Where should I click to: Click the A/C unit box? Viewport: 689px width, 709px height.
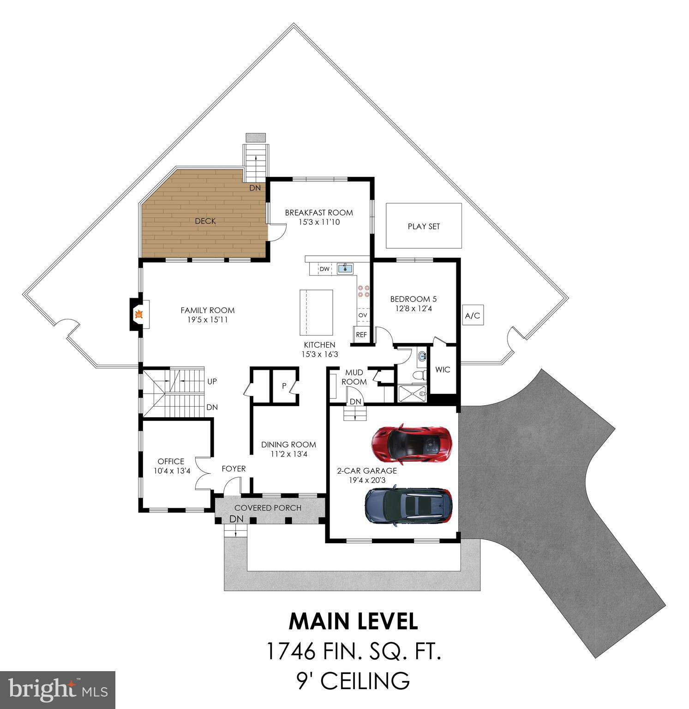(472, 316)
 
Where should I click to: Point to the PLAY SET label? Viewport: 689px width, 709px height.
(424, 226)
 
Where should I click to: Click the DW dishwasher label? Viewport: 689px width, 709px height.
(324, 269)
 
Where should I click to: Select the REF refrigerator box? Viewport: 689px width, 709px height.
(361, 335)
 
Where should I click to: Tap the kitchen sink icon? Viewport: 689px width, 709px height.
(345, 268)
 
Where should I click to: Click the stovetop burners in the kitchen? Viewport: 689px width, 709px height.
(363, 291)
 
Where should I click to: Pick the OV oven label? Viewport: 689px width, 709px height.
(363, 315)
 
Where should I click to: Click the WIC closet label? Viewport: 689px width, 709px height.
(443, 370)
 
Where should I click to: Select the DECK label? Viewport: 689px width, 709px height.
(205, 221)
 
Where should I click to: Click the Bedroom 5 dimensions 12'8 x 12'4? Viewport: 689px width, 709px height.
(413, 308)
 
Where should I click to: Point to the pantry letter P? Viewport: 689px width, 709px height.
(284, 386)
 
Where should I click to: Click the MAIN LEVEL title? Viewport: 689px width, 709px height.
(353, 621)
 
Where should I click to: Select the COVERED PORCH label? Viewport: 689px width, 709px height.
(268, 508)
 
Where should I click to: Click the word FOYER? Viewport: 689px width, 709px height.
(234, 469)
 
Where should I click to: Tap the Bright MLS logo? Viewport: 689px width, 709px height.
(58, 690)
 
